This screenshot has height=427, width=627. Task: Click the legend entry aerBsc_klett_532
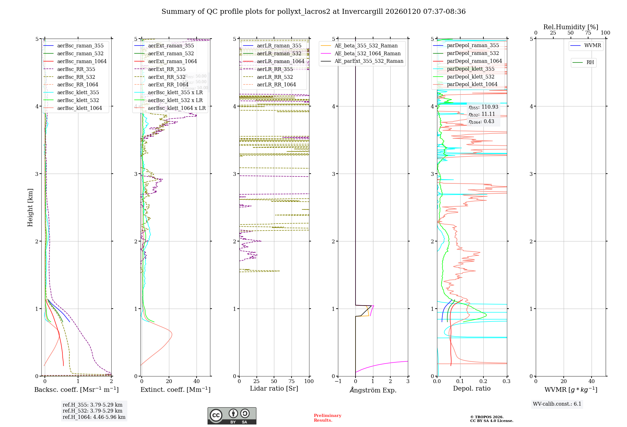pos(78,100)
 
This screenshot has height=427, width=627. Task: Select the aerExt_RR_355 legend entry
pos(166,69)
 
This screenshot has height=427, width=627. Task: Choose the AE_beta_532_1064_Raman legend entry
pos(367,54)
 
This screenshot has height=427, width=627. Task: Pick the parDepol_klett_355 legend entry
pos(470,69)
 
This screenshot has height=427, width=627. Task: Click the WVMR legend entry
pos(592,46)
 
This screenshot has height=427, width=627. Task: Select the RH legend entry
pos(590,62)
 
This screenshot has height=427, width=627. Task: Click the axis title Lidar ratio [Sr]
pos(274,389)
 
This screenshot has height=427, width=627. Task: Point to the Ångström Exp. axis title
pos(373,390)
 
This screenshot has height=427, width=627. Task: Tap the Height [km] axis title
pos(30,208)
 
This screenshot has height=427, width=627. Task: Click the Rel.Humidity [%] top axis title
pos(571,27)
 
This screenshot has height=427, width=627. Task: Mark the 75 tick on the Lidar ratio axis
pos(292,381)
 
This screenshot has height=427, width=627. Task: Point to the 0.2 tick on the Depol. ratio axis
pos(483,381)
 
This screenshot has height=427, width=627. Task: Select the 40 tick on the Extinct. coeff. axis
pos(197,381)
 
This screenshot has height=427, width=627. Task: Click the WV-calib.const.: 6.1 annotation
pos(557,404)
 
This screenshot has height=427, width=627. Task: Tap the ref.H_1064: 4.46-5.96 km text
pos(94,417)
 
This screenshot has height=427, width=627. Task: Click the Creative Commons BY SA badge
pos(232,416)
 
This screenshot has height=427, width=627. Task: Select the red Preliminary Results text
pos(327,418)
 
